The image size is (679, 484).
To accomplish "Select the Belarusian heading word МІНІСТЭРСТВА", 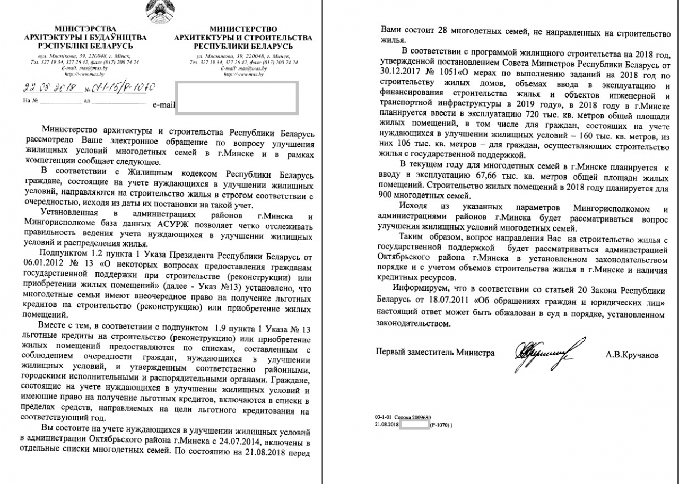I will (x=86, y=28).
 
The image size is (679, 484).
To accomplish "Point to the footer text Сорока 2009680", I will (x=417, y=417).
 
